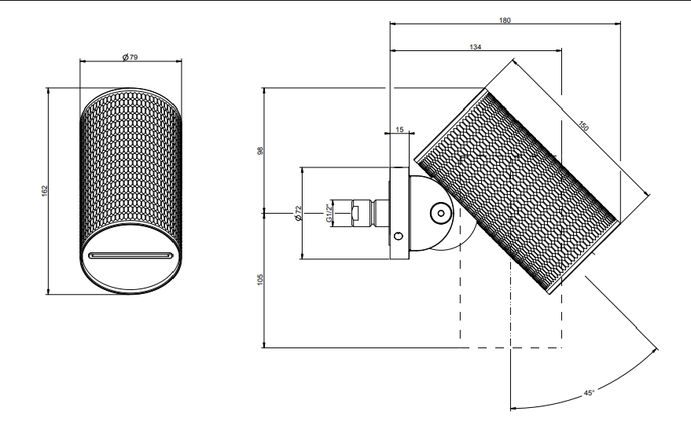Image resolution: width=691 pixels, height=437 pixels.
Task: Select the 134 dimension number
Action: click(476, 47)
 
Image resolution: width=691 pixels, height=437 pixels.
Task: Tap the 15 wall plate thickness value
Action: click(399, 128)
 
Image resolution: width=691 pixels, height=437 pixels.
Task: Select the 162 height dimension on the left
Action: click(46, 190)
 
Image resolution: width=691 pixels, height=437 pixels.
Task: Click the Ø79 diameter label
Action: click(130, 58)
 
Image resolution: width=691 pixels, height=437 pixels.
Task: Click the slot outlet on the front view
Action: click(130, 255)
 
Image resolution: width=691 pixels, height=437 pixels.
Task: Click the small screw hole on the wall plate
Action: click(399, 235)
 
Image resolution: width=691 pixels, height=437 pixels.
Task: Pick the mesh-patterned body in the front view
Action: click(130, 165)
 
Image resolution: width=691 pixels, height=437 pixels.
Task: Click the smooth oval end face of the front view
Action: click(130, 271)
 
